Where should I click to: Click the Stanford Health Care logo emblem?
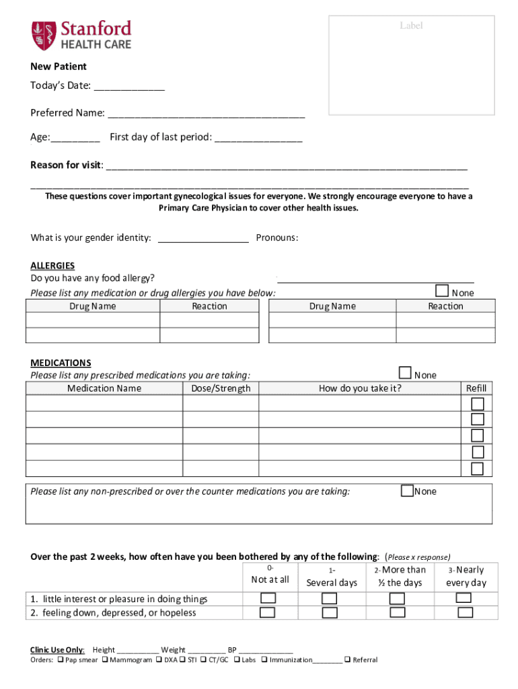pyautogui.click(x=42, y=35)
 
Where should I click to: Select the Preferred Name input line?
pyautogui.click(x=206, y=114)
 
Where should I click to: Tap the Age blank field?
pyautogui.click(x=75, y=139)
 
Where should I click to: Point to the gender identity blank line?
pyautogui.click(x=203, y=238)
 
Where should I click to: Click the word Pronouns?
pyautogui.click(x=277, y=238)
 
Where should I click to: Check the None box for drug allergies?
pyautogui.click(x=442, y=291)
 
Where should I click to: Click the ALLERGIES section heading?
pyautogui.click(x=52, y=266)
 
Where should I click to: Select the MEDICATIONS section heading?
pyautogui.click(x=61, y=363)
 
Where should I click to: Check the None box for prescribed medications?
pyautogui.click(x=405, y=373)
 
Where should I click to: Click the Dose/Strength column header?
pyautogui.click(x=221, y=388)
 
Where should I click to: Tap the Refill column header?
pyautogui.click(x=476, y=388)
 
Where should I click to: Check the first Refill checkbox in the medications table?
pyautogui.click(x=477, y=404)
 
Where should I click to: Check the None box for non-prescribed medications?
pyautogui.click(x=407, y=491)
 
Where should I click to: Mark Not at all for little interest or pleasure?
pyautogui.click(x=268, y=598)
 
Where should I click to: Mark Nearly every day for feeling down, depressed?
pyautogui.click(x=465, y=613)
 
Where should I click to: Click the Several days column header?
pyautogui.click(x=332, y=583)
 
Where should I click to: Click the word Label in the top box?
pyautogui.click(x=411, y=26)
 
